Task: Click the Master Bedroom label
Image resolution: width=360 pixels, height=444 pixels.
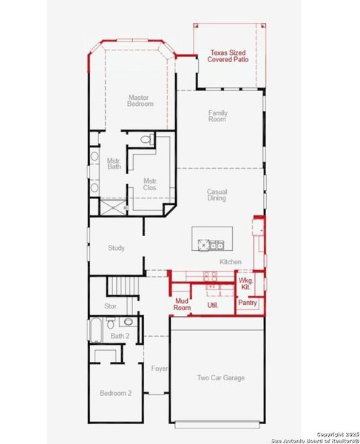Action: click(140, 101)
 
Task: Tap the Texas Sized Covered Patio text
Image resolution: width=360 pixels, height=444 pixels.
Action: click(228, 56)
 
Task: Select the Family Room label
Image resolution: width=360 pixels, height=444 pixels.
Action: click(217, 115)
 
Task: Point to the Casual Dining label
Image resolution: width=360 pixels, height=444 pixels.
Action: click(217, 195)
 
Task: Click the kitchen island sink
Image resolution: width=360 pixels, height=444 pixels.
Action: click(215, 245)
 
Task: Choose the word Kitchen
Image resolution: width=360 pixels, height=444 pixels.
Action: click(231, 262)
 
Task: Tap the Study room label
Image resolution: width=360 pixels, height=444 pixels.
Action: click(116, 249)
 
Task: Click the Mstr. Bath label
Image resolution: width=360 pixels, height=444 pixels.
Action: click(113, 164)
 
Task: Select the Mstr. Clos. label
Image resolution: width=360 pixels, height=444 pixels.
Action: click(150, 184)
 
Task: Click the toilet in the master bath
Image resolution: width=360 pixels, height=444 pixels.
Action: click(146, 139)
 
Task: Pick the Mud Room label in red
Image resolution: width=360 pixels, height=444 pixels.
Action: click(182, 303)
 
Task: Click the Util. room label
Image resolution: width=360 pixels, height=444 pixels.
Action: click(212, 304)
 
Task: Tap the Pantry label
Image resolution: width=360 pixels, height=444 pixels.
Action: click(247, 302)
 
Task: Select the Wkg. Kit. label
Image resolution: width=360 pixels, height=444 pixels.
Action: click(246, 284)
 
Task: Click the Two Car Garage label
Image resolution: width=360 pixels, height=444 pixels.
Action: click(220, 377)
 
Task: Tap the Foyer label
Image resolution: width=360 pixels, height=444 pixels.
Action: click(159, 369)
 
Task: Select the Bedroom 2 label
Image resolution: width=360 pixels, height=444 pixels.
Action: click(115, 393)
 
